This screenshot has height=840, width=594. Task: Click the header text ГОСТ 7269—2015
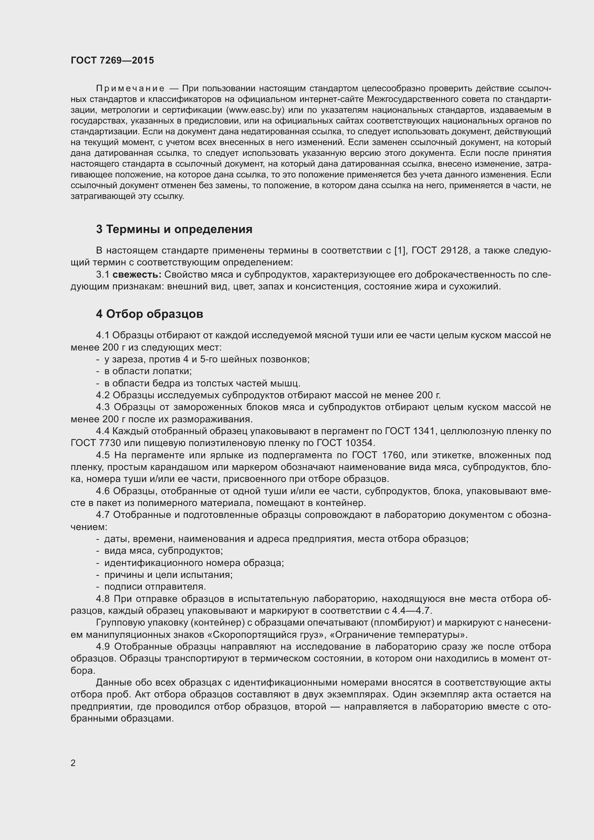coord(112,60)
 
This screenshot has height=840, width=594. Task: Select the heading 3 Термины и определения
coord(174,229)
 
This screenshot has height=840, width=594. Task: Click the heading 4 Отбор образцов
coord(149,314)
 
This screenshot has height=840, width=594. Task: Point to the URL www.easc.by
coord(255,110)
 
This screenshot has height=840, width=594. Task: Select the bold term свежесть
coord(137,274)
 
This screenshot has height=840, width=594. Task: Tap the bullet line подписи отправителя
coord(155,587)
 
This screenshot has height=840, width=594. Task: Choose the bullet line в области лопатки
coord(148,371)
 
